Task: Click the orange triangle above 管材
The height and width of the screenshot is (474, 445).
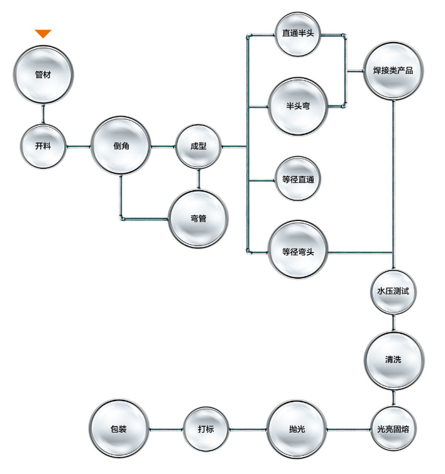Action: tap(43, 34)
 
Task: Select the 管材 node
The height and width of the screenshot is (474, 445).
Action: tap(43, 73)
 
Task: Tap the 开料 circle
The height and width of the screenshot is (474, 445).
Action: tap(43, 146)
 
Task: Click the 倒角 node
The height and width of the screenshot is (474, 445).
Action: tap(121, 146)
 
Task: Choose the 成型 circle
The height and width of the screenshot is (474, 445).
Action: tap(199, 146)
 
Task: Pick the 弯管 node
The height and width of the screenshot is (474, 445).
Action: tap(199, 218)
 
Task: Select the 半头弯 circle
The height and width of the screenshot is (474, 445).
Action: tap(298, 106)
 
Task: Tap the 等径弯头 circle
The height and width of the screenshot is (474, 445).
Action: tap(298, 252)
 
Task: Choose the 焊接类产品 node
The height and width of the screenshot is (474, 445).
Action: tap(393, 70)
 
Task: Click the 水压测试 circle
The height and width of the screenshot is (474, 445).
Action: tap(393, 291)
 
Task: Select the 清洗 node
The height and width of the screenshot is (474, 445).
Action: tap(393, 360)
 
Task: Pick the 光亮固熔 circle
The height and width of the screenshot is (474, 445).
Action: tap(393, 429)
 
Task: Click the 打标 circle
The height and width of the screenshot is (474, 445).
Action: tap(206, 429)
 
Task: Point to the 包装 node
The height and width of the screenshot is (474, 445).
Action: tap(118, 429)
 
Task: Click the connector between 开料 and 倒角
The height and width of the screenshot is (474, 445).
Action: tap(78, 147)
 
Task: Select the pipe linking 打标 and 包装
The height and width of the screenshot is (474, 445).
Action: tap(166, 429)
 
